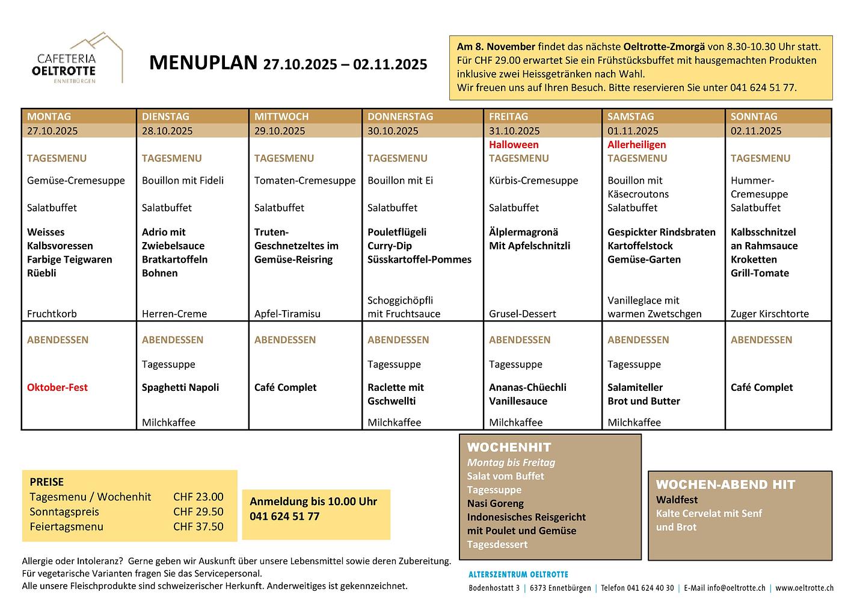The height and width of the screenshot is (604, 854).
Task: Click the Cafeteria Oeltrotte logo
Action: pos(79,59)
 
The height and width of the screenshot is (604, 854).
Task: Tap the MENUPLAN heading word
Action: pos(203,63)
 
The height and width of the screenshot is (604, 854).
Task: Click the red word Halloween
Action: pos(514,145)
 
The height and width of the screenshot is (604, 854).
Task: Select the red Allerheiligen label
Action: pos(636,145)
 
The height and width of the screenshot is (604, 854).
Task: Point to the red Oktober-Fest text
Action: pos(57,387)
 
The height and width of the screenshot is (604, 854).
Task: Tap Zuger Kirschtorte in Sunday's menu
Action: pos(769,314)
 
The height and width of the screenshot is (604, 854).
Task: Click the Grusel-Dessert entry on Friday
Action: pos(522,314)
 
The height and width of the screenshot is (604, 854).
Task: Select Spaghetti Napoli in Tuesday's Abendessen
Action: pos(180,387)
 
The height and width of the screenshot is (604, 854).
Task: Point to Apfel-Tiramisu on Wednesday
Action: pos(287,314)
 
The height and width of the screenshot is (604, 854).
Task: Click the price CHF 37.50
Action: pos(198,526)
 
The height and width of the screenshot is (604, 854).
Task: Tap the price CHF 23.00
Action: pos(198,497)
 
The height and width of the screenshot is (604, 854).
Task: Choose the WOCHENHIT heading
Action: pos(509,447)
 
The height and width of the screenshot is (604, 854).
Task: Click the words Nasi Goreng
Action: pos(495,503)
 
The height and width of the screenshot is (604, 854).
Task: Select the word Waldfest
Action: pos(677,500)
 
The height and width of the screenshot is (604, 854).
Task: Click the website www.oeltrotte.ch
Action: pos(804,588)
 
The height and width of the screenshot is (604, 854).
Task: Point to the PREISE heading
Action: pos(46,482)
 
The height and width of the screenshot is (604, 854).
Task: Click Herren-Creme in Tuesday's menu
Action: pos(174,314)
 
